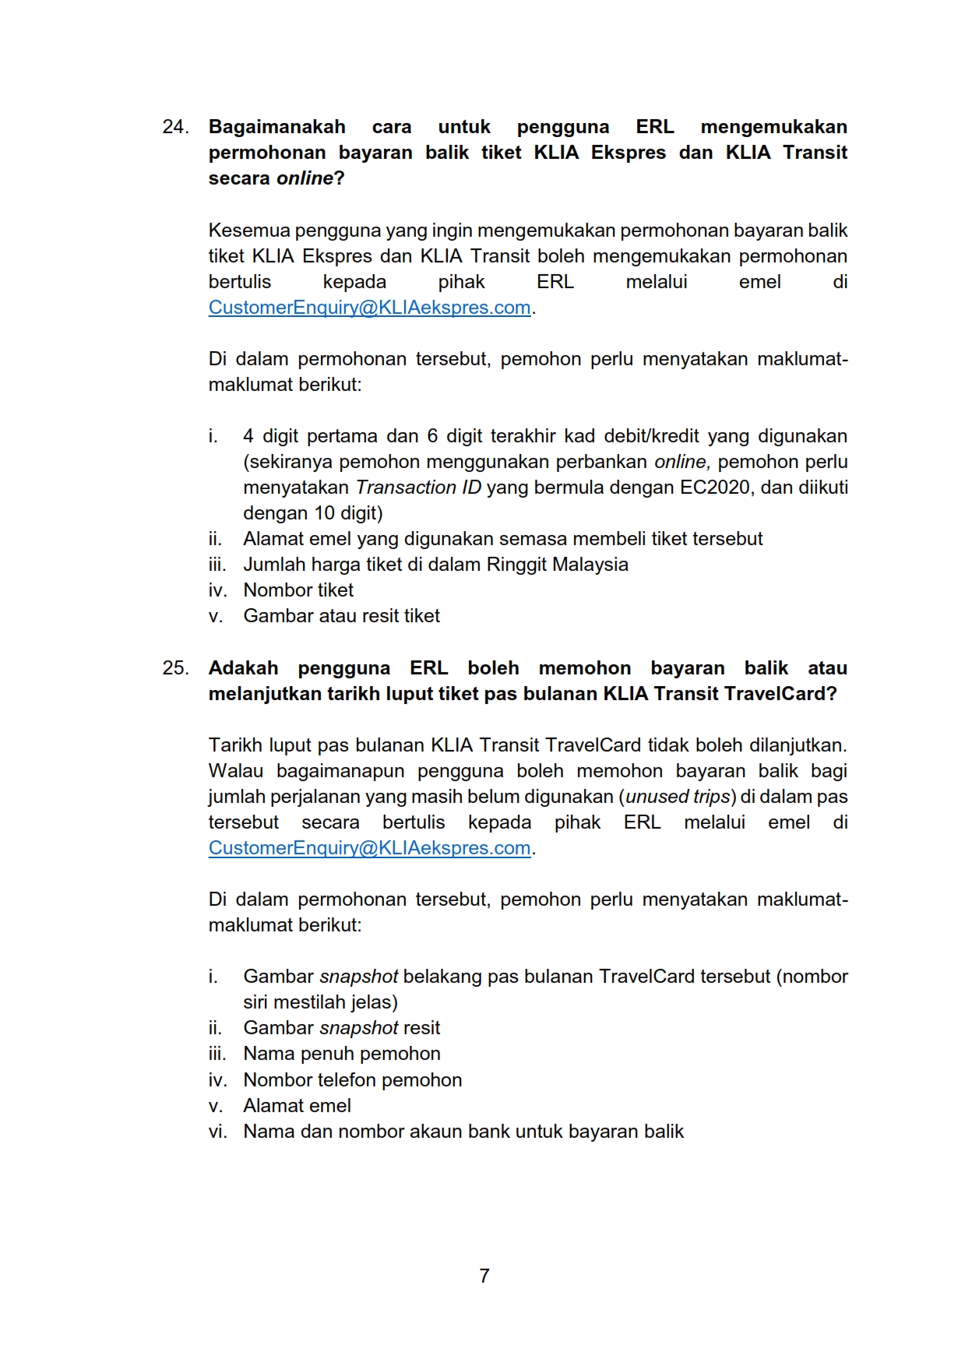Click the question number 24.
[x=175, y=127]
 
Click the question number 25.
[x=175, y=668]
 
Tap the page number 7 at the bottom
[x=484, y=1276]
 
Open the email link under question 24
[x=369, y=308]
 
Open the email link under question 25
[x=369, y=848]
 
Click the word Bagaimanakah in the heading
[x=276, y=127]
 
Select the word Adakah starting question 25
[x=243, y=668]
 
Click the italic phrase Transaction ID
[x=418, y=488]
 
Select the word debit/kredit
[x=646, y=436]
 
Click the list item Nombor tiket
[x=298, y=590]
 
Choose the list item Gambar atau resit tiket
[x=341, y=616]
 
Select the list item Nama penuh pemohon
[x=341, y=1054]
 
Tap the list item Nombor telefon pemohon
[x=352, y=1080]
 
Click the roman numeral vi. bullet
[x=217, y=1132]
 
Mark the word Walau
[x=235, y=771]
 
